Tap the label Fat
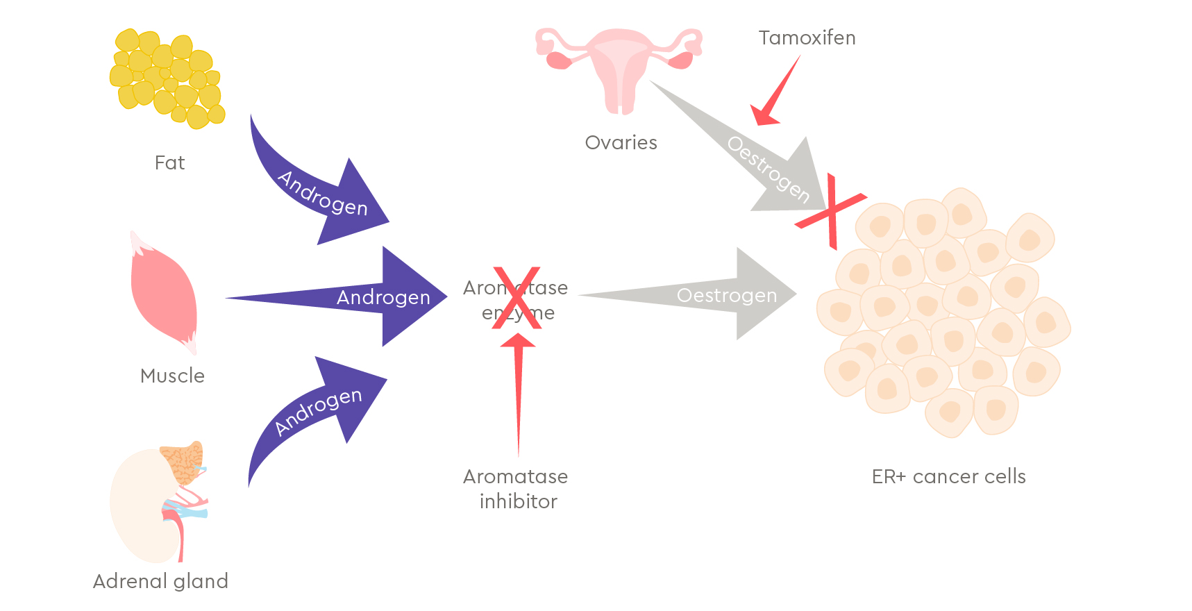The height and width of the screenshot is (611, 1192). pos(169,163)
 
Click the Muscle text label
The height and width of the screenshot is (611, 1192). pos(172,376)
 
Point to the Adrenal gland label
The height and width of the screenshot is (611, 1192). pos(160,581)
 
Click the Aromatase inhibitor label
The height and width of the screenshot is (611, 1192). pos(516,489)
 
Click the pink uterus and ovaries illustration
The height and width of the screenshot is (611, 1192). pos(618,66)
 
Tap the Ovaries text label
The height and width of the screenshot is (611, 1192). pos(621,143)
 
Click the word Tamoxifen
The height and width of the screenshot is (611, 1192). pos(807,37)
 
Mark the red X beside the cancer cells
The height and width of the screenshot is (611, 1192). pos(831,211)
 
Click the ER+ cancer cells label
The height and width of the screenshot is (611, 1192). pos(948,477)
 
